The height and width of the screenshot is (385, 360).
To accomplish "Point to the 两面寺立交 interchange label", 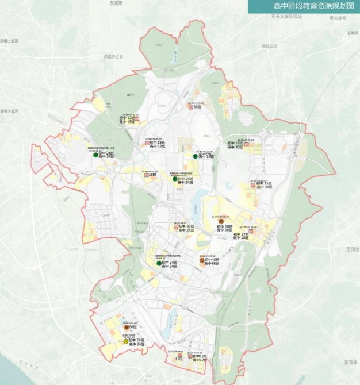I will coord(113,57).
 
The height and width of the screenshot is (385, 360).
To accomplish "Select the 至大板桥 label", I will coord(338,18).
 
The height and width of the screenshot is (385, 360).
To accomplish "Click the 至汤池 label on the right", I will coord(352,249).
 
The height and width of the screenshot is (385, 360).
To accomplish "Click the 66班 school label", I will coord(132,327).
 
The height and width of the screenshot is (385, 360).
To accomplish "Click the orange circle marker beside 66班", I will coord(125,327).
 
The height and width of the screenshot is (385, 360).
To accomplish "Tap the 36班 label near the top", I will coord(197,107).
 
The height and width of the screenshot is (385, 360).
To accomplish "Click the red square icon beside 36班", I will coord(190,107).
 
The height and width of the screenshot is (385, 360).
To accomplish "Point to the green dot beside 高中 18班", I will coord(195,156).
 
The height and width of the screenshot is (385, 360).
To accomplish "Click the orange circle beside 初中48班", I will coord(201,261).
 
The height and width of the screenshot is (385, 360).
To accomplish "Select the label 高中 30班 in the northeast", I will coord(235,147).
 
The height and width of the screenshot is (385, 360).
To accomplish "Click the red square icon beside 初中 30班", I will coord(175,228).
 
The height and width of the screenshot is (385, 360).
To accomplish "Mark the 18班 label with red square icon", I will coord(153,174).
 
